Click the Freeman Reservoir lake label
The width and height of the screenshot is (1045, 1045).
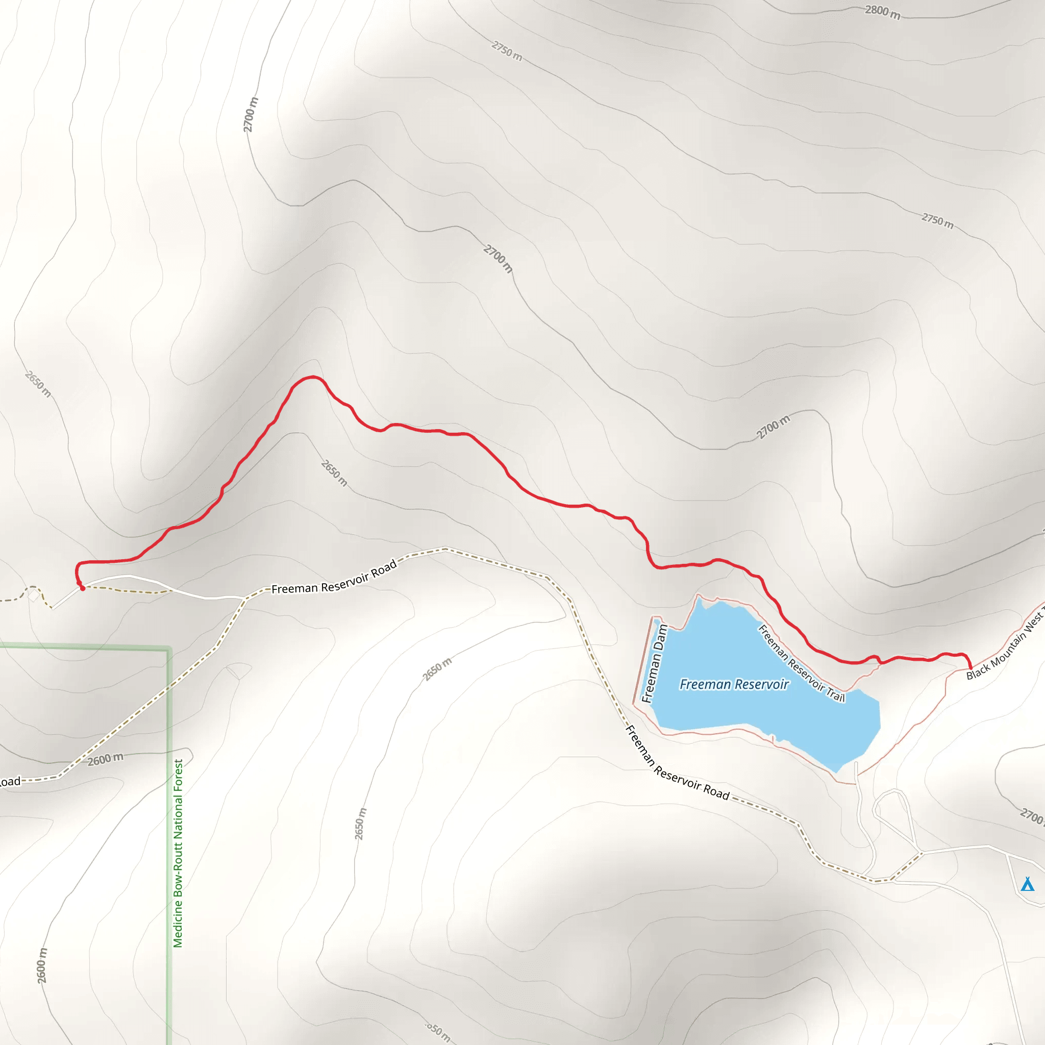[734, 685]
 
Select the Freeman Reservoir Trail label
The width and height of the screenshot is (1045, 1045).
[801, 663]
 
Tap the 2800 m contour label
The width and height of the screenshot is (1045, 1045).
[882, 11]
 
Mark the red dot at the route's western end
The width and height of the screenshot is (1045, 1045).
[82, 588]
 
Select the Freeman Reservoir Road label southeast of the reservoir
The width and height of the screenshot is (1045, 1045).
[677, 763]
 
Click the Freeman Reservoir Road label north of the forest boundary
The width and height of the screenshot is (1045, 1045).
[334, 577]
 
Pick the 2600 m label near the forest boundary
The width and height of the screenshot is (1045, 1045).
[106, 759]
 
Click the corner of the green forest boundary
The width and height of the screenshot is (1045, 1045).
[169, 649]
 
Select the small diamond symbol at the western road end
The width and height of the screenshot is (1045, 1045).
[34, 595]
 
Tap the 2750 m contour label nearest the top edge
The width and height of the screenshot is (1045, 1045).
[507, 51]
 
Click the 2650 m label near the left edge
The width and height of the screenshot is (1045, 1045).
[38, 384]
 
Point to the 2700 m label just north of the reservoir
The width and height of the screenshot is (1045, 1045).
[773, 427]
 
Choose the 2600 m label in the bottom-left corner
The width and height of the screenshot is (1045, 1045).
[42, 965]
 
